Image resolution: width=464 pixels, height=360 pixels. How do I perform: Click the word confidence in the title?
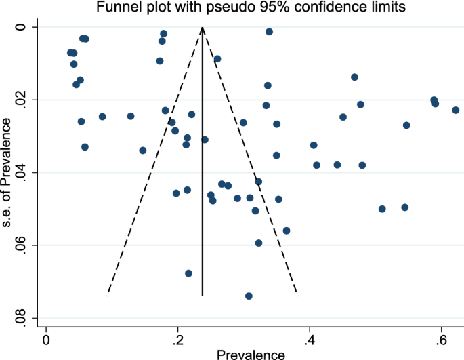[312, 7]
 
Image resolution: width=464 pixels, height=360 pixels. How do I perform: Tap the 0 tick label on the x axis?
[46, 338]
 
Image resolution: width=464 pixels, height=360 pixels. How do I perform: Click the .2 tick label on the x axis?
[177, 338]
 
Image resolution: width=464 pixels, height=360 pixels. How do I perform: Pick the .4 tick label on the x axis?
[309, 338]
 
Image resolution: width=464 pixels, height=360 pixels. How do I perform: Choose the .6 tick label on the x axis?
[440, 338]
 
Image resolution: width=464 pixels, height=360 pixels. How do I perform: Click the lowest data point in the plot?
[249, 296]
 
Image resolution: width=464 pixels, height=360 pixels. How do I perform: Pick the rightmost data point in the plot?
[456, 110]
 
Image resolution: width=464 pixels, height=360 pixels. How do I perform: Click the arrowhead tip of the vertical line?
[203, 27]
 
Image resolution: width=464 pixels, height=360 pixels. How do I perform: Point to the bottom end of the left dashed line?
[107, 295]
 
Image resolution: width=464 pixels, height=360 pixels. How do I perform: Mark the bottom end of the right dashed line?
[298, 295]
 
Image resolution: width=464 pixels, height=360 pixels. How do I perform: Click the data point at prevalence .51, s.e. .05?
[382, 209]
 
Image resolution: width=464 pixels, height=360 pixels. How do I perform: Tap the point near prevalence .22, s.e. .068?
[188, 273]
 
